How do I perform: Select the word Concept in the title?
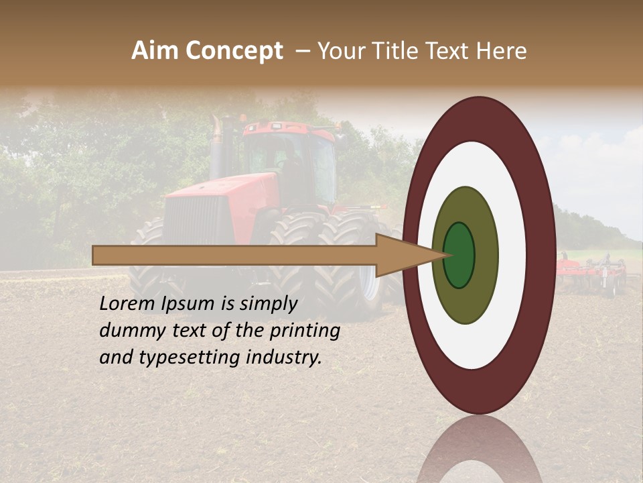click(234, 51)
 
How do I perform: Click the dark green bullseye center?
click(459, 255)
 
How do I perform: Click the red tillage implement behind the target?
click(593, 272)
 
